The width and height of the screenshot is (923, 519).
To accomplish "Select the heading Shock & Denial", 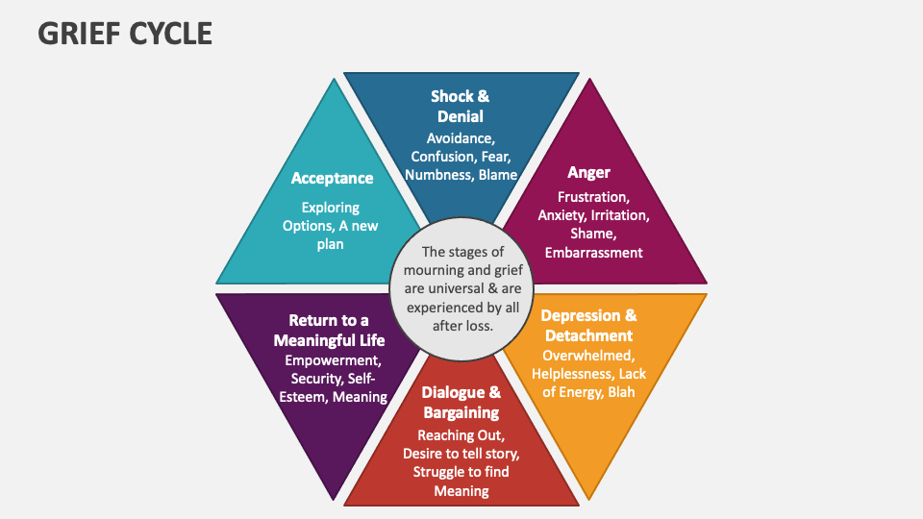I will click(x=460, y=106).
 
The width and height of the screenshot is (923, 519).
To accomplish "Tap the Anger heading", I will click(x=588, y=173).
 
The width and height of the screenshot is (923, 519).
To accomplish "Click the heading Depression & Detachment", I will click(x=588, y=325).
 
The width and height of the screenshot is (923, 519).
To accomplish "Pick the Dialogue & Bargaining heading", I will click(x=461, y=402).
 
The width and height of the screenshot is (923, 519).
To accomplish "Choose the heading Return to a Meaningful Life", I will click(x=329, y=330).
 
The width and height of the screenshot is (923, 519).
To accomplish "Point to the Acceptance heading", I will click(x=332, y=178).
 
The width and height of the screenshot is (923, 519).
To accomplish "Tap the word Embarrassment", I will click(x=593, y=253).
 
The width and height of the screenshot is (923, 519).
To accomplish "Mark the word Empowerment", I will click(x=333, y=360).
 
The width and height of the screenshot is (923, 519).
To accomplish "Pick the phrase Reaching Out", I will click(x=461, y=434).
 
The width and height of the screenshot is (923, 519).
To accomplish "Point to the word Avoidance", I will click(x=461, y=138).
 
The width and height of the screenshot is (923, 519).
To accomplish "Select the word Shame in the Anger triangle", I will click(x=593, y=234).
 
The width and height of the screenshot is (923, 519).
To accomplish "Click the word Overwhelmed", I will click(x=587, y=355).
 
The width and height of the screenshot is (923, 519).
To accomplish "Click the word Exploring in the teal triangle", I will click(x=330, y=207).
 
